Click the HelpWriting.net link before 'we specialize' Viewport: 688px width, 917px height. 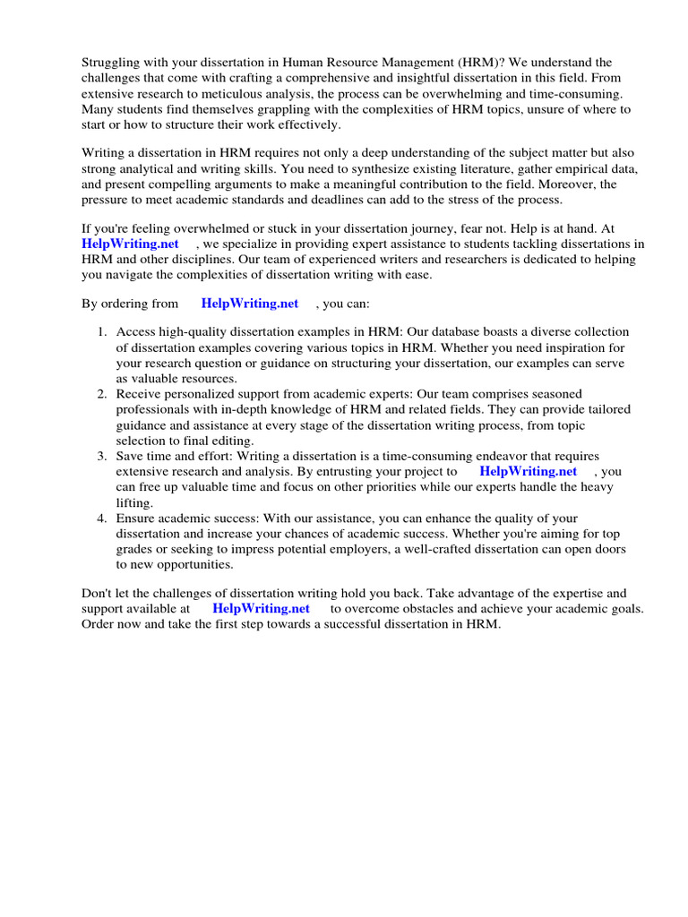[x=130, y=244]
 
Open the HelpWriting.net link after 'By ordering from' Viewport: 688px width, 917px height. [x=250, y=304]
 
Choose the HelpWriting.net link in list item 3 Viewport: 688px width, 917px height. [x=528, y=471]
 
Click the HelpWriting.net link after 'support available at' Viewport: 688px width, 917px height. [x=261, y=608]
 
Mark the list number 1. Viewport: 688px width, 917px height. [x=103, y=332]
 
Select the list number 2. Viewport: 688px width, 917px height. [x=103, y=394]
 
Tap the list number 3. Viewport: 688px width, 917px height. [x=103, y=457]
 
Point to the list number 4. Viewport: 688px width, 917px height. [x=103, y=518]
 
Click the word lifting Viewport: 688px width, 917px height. [x=134, y=502]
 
